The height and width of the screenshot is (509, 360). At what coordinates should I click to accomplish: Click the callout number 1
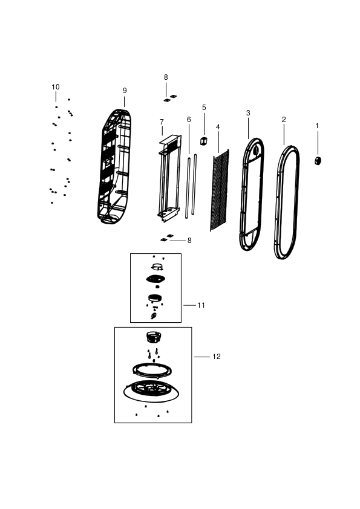(317, 126)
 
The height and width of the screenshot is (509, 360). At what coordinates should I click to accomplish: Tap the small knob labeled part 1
(318, 160)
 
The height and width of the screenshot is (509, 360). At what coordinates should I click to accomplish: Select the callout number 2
(284, 120)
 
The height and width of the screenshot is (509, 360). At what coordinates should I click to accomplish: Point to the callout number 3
(248, 113)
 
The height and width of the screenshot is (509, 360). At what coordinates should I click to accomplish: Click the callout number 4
(218, 127)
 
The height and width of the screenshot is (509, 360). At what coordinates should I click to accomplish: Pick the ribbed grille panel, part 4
(220, 190)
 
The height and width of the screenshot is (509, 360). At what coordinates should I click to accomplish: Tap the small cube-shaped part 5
(204, 141)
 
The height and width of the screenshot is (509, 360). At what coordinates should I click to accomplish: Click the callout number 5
(204, 108)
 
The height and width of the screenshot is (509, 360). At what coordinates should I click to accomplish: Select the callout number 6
(189, 120)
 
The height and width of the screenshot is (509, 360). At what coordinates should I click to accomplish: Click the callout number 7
(162, 122)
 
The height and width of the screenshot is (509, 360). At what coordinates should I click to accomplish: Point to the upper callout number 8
(166, 77)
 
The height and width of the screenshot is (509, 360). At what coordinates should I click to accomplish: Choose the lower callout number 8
(189, 241)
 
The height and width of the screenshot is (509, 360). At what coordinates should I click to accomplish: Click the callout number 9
(125, 91)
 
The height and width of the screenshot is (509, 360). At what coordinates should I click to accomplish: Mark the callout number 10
(56, 87)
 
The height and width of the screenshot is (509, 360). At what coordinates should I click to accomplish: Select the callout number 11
(201, 305)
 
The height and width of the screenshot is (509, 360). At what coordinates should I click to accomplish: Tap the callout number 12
(217, 357)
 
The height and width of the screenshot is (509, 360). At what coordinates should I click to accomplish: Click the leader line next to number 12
(202, 357)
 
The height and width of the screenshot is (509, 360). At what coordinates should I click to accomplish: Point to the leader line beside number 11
(190, 305)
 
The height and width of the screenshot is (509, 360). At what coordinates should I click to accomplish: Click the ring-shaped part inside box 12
(152, 371)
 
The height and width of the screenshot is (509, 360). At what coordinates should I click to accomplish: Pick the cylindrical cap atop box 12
(154, 337)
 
